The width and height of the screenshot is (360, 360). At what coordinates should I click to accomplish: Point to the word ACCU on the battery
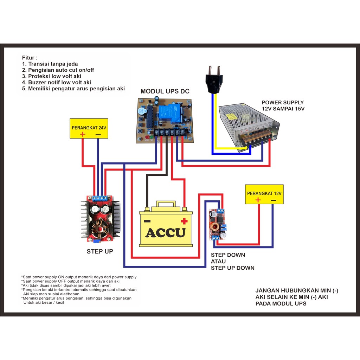click(x=165, y=233)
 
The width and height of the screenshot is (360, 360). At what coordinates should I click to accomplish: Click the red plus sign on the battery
click(x=183, y=221)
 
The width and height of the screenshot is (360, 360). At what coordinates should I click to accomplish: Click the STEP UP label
click(x=100, y=252)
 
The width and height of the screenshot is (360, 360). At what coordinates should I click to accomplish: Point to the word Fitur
click(x=30, y=58)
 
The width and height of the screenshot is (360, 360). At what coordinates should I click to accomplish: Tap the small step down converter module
click(x=218, y=224)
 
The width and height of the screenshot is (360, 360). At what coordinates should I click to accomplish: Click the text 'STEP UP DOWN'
click(x=232, y=268)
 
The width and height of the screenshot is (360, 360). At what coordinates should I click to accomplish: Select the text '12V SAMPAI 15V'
click(x=283, y=109)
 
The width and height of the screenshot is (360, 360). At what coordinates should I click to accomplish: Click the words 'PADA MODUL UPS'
click(x=281, y=303)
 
